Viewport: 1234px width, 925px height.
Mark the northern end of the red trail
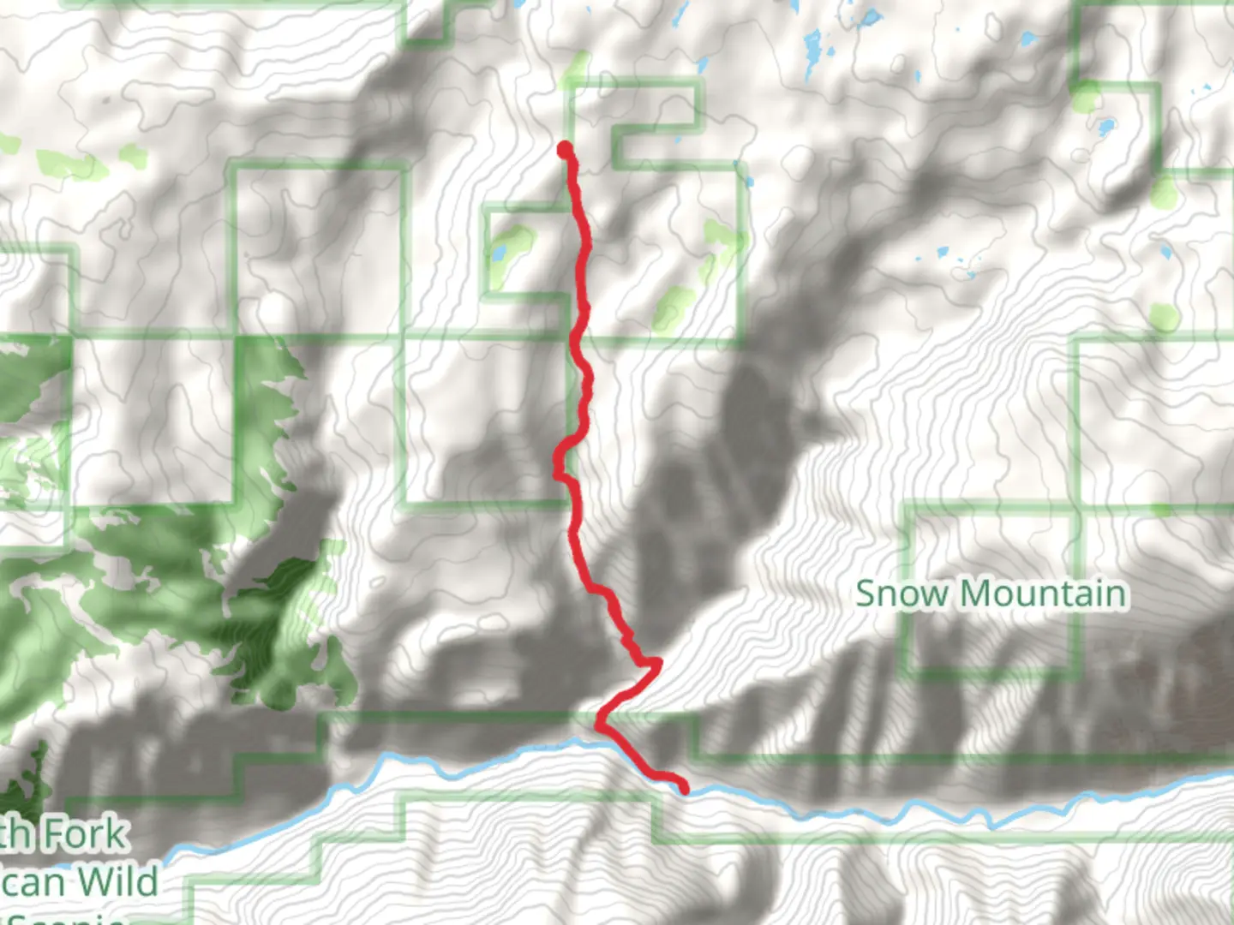(565, 150)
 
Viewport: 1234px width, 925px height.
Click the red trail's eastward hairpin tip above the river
(658, 661)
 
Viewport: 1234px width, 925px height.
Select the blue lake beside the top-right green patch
(1106, 128)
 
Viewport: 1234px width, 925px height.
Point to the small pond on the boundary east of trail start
(750, 182)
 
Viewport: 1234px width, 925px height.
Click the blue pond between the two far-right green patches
(1165, 252)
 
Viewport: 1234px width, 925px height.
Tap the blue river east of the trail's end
(857, 809)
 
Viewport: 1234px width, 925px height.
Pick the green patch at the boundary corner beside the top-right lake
(1087, 99)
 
